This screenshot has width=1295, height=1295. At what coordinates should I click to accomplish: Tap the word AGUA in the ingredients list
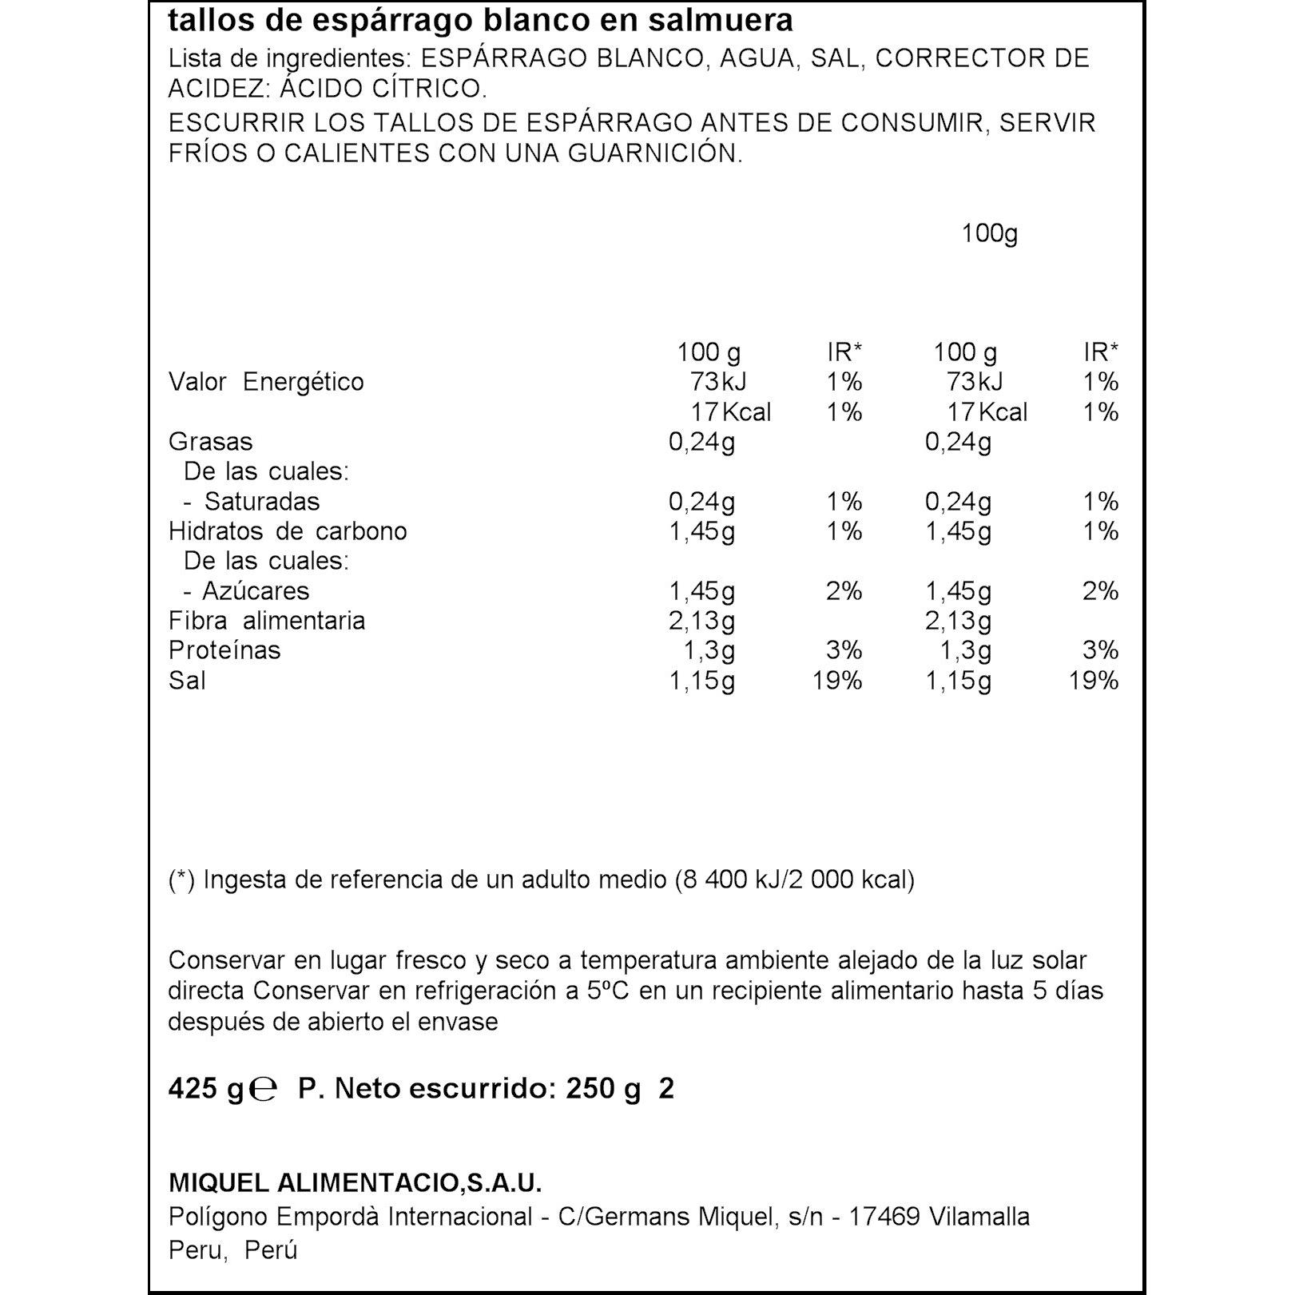[x=757, y=58]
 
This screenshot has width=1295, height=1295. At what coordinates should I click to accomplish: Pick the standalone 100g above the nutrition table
[x=989, y=233]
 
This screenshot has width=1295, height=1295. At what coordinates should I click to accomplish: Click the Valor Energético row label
[x=266, y=382]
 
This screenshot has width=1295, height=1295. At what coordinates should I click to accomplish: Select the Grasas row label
[x=210, y=442]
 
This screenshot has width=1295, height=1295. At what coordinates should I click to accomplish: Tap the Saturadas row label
[x=261, y=502]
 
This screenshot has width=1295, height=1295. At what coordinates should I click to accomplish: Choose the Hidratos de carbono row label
[x=288, y=531]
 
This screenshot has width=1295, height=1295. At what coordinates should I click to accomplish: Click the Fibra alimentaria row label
[x=267, y=621]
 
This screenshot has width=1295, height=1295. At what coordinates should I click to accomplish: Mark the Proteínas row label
[x=224, y=650]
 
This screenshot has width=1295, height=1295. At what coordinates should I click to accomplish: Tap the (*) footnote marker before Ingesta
[x=181, y=880]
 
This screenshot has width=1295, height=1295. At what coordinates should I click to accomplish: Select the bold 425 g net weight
[x=205, y=1088]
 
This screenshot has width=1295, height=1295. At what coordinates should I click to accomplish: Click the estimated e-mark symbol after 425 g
[x=263, y=1089]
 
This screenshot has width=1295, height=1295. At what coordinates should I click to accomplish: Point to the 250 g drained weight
[x=603, y=1088]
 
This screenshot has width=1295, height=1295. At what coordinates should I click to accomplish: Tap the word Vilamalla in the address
[x=979, y=1217]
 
